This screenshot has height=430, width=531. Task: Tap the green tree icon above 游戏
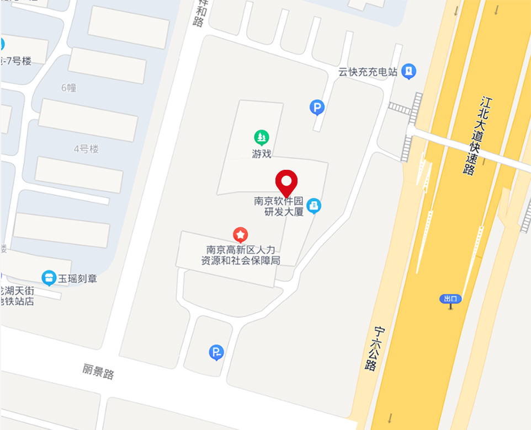coord(262,137)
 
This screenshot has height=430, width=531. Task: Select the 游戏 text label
coord(262,154)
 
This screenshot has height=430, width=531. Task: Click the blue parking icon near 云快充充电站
coord(317,108)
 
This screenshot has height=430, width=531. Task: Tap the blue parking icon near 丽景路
coord(216,352)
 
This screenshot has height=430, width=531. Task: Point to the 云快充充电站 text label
coord(368,72)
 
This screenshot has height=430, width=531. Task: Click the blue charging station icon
coord(409,71)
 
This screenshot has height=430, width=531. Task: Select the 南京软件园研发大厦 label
coord(279,206)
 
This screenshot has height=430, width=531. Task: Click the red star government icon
coord(240,235)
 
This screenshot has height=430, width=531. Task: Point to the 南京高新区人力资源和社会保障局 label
coord(240,255)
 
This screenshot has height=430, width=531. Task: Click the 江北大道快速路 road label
coord(478,135)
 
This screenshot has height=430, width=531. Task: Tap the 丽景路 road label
coord(98,372)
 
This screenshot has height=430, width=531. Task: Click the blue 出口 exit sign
coord(450,299)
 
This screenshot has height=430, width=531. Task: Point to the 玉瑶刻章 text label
coord(78,278)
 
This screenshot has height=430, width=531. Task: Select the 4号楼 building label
coord(86,148)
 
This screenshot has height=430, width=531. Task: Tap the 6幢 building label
coord(69,87)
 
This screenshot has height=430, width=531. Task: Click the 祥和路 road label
coord(199,14)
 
